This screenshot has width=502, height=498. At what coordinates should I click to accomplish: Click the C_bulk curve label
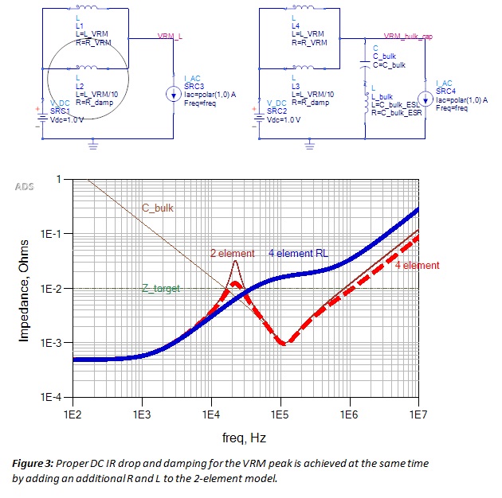click(158, 208)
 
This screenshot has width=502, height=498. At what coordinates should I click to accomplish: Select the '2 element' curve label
click(232, 254)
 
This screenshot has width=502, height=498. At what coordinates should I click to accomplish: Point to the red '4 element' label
click(417, 265)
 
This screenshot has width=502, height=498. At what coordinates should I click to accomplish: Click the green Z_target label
click(161, 290)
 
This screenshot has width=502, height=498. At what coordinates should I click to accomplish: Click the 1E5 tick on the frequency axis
click(279, 414)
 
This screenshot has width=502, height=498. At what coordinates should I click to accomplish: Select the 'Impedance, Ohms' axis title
click(24, 289)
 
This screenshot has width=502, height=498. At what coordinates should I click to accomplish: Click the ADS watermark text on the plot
click(25, 186)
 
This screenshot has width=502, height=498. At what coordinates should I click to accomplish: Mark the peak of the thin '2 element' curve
click(235, 261)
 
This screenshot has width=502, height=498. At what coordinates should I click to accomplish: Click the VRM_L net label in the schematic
click(170, 37)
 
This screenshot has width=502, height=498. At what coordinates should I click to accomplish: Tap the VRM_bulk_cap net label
click(409, 37)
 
